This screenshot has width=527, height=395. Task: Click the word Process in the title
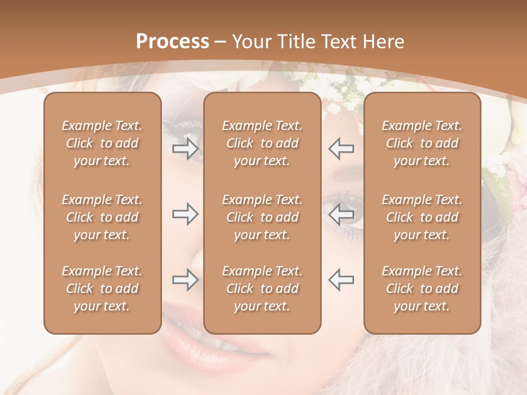pyautogui.click(x=172, y=42)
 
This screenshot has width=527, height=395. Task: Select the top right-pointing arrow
pyautogui.click(x=185, y=149)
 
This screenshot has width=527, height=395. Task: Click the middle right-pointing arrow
pyautogui.click(x=185, y=214)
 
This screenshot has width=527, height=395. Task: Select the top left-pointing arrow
pyautogui.click(x=341, y=149)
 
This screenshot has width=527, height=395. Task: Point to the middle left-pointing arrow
pyautogui.click(x=341, y=214)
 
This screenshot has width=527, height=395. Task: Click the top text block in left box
pyautogui.click(x=102, y=143)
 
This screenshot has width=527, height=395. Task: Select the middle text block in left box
pyautogui.click(x=102, y=217)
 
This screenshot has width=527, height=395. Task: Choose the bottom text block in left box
pyautogui.click(x=102, y=289)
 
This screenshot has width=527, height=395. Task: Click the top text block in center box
pyautogui.click(x=262, y=143)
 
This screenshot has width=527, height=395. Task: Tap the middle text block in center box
pyautogui.click(x=262, y=217)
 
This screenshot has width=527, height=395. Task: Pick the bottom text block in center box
pyautogui.click(x=262, y=289)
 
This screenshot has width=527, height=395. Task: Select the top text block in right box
pyautogui.click(x=422, y=143)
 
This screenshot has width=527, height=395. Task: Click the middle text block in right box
pyautogui.click(x=422, y=217)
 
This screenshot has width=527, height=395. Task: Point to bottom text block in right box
pyautogui.click(x=422, y=289)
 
